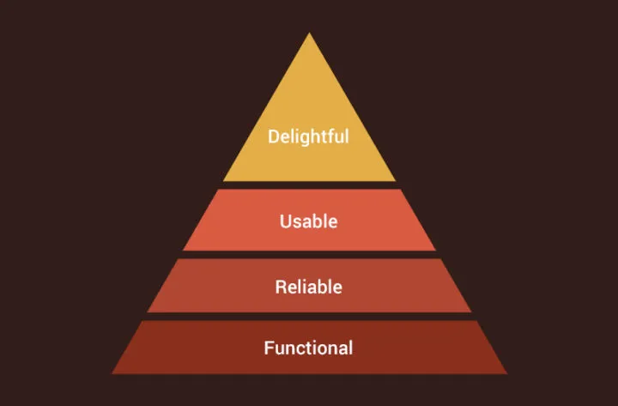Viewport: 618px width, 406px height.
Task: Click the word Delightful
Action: pos(308,136)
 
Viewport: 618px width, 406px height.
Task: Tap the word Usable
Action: pos(308,221)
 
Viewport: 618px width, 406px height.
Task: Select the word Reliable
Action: pos(308,287)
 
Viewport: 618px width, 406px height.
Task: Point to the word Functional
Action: pos(308,348)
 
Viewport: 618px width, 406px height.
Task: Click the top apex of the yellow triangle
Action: pos(309,33)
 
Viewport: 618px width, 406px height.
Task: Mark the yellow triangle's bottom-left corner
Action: pos(224,181)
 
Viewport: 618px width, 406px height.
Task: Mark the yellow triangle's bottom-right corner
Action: pos(396,181)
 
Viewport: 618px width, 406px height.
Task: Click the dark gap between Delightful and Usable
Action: pos(309,185)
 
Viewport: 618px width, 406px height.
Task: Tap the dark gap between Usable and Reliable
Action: pos(309,255)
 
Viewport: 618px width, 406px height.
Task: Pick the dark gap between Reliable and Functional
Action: pos(309,317)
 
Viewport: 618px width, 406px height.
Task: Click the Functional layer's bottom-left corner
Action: pos(112,373)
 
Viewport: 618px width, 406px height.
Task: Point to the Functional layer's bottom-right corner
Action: pos(506,373)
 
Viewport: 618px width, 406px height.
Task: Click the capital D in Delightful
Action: pos(274,136)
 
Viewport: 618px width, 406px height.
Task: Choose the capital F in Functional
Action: pos(269,348)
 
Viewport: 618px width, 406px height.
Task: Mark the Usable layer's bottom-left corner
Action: pos(183,250)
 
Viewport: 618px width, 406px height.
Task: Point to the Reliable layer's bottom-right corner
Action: pos(471,312)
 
